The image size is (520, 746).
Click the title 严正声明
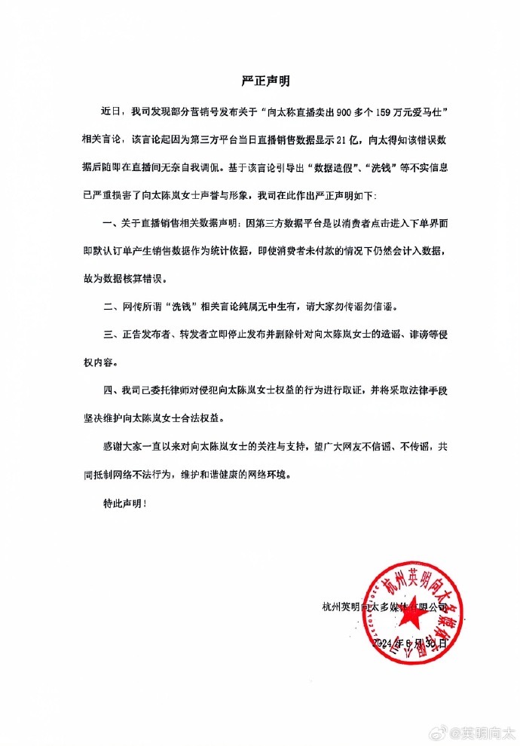pyautogui.click(x=259, y=80)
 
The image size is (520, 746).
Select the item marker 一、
pyautogui.click(x=109, y=224)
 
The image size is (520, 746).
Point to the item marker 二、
pyautogui.click(x=109, y=307)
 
